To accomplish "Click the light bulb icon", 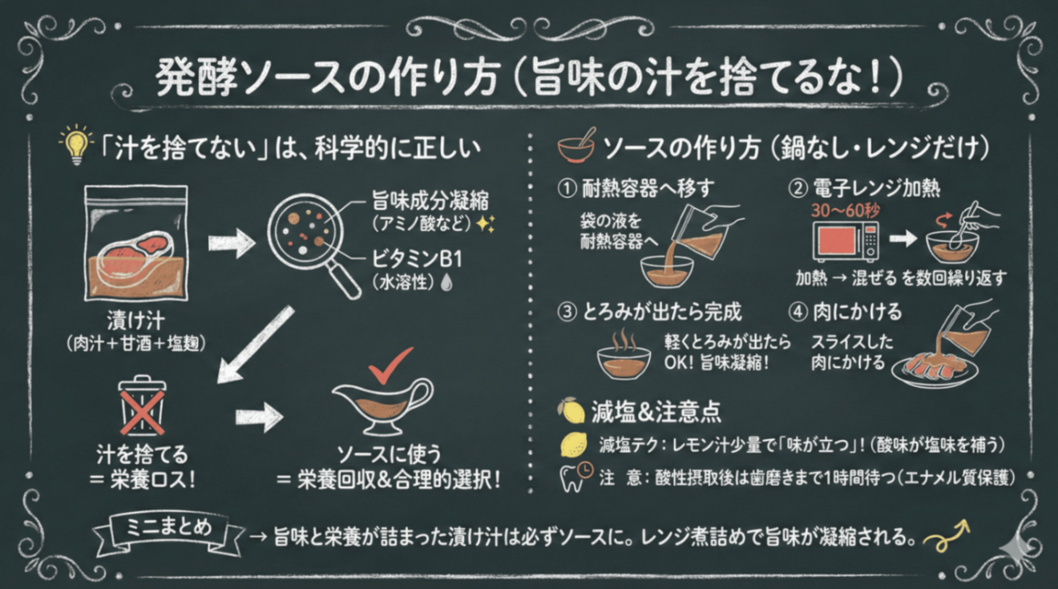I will tap(77, 146).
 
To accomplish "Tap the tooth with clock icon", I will tap(575, 477).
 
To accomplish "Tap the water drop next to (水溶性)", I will tap(446, 284).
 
